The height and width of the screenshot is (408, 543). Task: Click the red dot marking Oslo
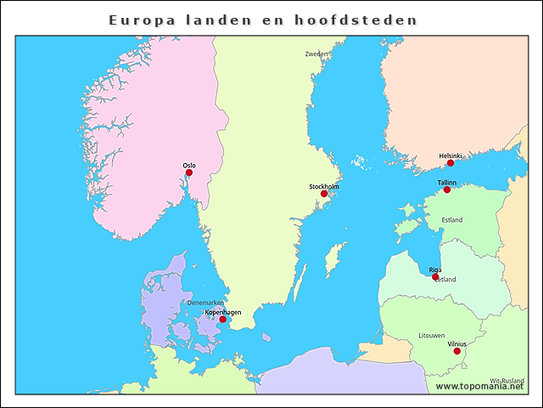click(188, 173)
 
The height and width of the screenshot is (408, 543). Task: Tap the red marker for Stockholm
click(323, 194)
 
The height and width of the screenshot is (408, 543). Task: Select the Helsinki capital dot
click(451, 162)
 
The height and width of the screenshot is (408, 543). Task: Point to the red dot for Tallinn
click(447, 190)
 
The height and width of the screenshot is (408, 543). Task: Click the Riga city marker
click(435, 276)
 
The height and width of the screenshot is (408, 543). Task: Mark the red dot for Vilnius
click(457, 351)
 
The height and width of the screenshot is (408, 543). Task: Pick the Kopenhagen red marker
click(222, 320)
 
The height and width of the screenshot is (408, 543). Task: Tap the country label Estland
click(452, 220)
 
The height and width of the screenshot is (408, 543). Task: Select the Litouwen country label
click(431, 336)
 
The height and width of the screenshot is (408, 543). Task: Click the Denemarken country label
click(205, 303)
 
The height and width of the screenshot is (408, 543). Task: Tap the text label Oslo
click(189, 165)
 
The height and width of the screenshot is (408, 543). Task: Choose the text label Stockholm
click(324, 186)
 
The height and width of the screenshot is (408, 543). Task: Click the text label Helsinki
click(451, 156)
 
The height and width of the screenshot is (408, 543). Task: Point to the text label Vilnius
click(457, 343)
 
